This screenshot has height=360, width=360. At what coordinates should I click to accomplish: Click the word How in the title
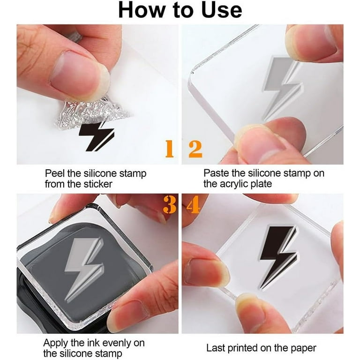point(142,10)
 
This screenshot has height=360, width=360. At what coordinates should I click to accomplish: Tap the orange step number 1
point(170,149)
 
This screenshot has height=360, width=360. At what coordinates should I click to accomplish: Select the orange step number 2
point(195,149)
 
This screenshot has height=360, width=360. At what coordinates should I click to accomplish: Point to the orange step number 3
point(170,205)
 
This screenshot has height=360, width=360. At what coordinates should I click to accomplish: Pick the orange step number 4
point(193,205)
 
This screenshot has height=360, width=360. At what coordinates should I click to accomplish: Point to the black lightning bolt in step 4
point(278,256)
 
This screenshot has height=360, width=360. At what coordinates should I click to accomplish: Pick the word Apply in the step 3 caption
point(56,344)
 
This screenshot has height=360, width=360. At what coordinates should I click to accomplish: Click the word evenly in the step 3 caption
point(116,344)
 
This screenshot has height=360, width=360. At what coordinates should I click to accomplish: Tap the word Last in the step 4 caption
point(216,348)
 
